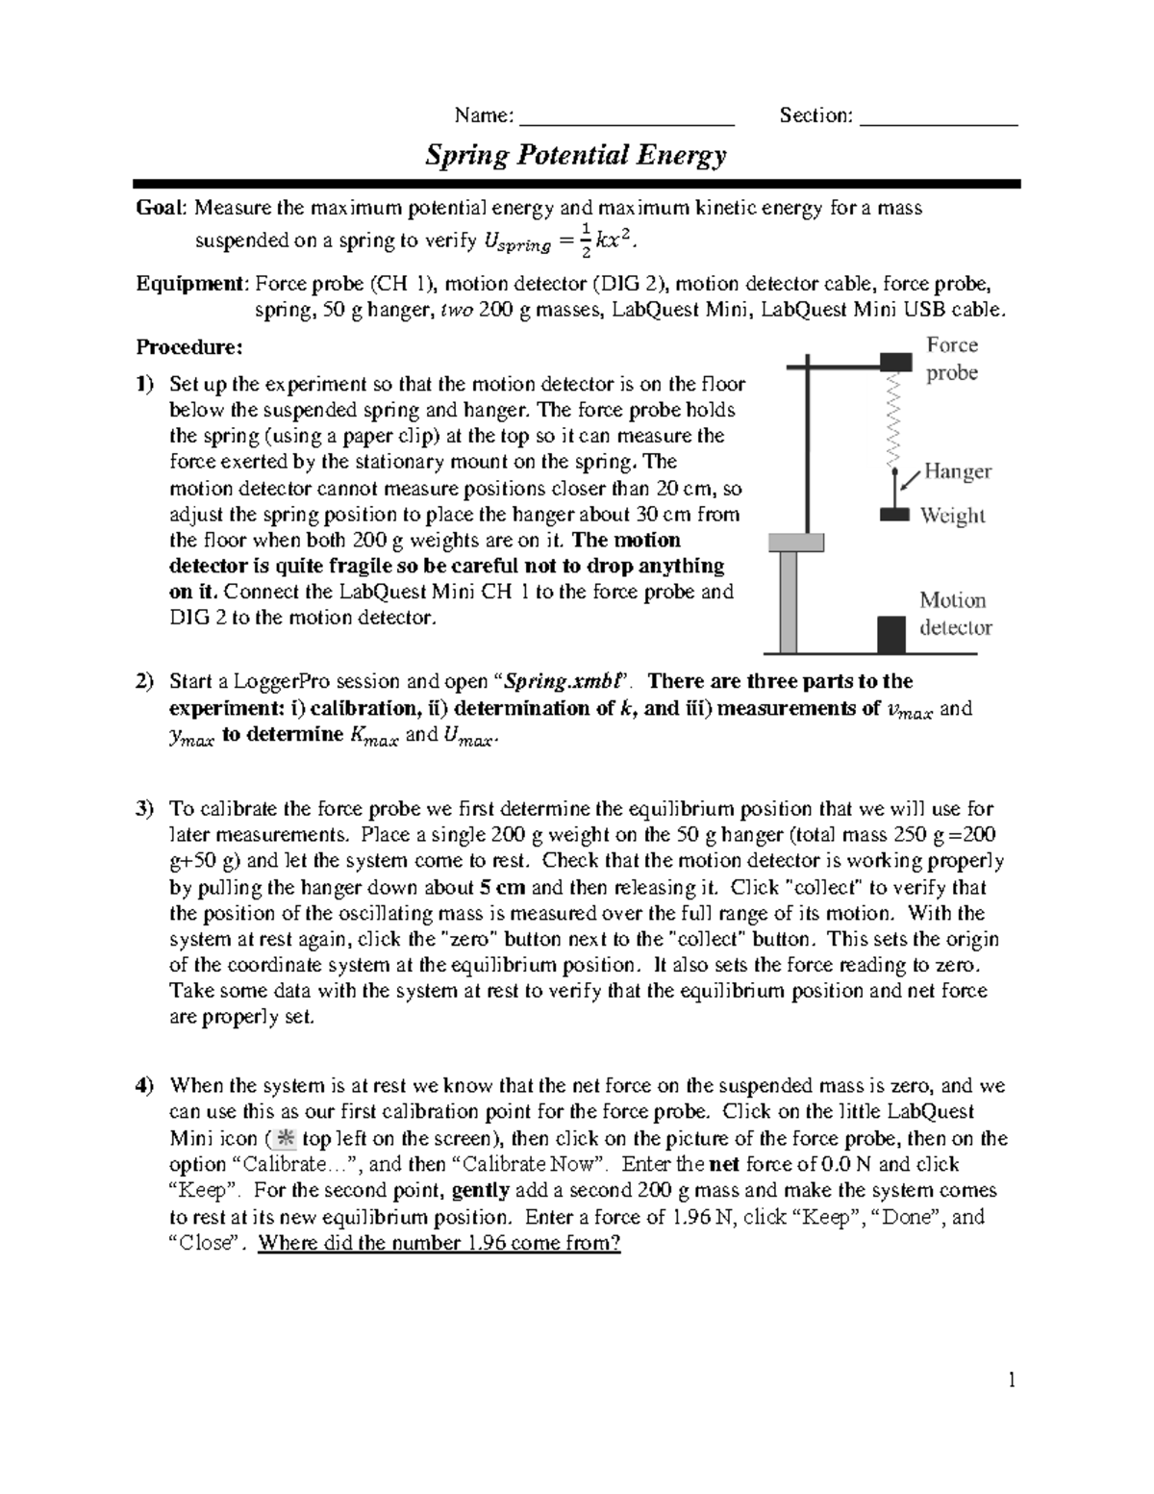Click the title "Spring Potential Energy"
click(x=576, y=156)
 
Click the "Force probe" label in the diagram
click(x=952, y=359)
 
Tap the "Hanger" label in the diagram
click(x=957, y=471)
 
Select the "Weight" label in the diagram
click(x=952, y=516)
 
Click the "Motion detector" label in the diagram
click(x=955, y=614)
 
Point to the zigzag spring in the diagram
click(x=895, y=419)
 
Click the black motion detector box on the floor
click(x=891, y=634)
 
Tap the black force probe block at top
click(x=895, y=362)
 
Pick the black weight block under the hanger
click(x=894, y=515)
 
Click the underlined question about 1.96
click(x=439, y=1243)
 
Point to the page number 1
click(x=1011, y=1381)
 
